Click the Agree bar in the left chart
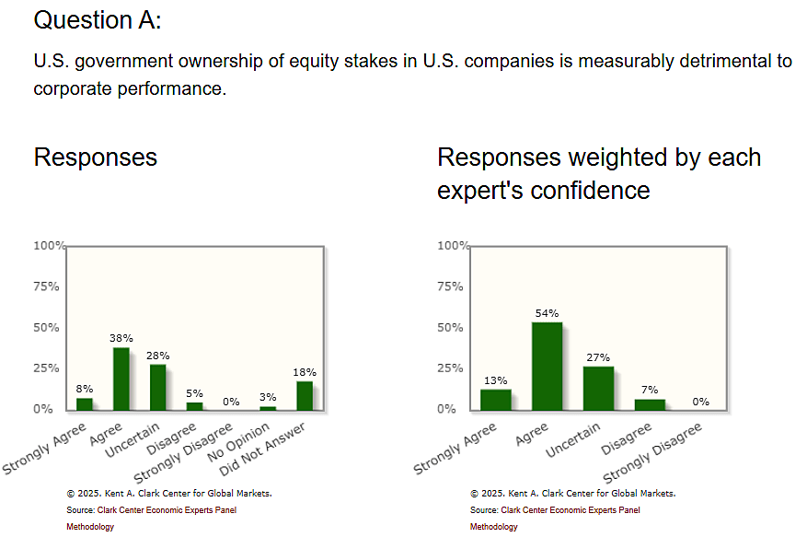tap(121, 379)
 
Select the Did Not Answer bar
tap(305, 395)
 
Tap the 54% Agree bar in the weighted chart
tap(547, 366)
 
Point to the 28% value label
tap(157, 356)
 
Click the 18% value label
tap(305, 372)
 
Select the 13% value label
tap(495, 379)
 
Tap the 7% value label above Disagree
tap(650, 390)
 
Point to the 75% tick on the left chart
tap(47, 286)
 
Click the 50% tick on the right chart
tap(451, 327)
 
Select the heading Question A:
tap(97, 20)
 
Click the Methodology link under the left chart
tap(90, 527)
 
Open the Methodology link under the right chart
tap(493, 527)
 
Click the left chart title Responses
tap(95, 158)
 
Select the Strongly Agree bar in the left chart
tap(84, 403)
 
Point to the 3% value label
tap(268, 397)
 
